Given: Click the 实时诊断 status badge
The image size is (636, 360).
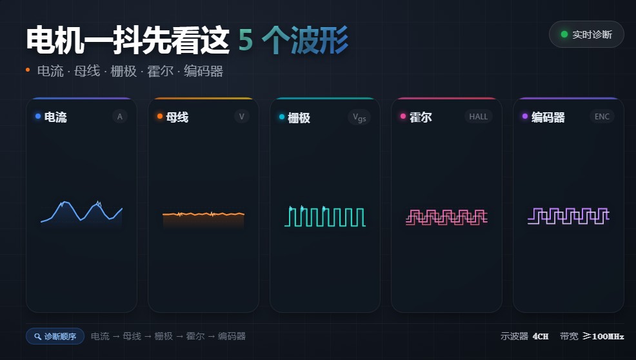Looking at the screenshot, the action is [586, 34].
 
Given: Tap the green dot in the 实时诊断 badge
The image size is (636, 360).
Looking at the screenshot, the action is [564, 34].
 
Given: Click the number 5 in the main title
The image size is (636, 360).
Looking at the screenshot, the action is [246, 40].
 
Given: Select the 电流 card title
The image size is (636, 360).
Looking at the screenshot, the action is [55, 117].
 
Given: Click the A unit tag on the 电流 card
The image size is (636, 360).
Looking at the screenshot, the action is [120, 117].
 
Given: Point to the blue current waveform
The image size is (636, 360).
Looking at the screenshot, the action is [81, 212].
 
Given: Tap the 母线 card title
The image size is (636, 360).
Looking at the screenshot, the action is [177, 117].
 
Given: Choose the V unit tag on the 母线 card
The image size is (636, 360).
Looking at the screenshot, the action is [242, 117].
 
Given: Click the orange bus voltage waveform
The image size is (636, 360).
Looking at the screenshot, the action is [203, 214].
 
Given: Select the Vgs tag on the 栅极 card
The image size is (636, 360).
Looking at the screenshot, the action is [359, 117].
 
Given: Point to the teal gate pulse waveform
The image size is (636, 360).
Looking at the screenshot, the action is [325, 216].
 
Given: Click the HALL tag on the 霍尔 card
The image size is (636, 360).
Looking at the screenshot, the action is [479, 117].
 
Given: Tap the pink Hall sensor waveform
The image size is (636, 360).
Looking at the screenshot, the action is [446, 217].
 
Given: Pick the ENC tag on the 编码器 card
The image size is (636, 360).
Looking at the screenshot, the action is [602, 117].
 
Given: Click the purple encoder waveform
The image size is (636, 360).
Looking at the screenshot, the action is [568, 215].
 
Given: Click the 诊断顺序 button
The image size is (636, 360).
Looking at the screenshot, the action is [55, 336].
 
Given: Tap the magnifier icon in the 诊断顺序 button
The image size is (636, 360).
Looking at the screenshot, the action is [37, 337].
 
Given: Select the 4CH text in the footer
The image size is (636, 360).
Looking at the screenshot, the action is [541, 337].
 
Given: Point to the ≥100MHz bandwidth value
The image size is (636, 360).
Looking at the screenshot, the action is [603, 336].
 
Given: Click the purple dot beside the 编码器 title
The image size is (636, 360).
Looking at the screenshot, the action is [525, 117].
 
